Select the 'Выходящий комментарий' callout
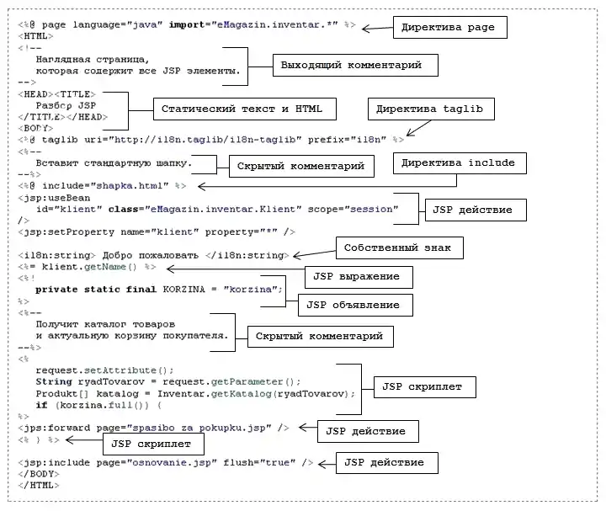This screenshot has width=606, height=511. point(347,65)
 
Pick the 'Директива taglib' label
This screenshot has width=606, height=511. point(431,109)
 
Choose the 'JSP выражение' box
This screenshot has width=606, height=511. point(350,276)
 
